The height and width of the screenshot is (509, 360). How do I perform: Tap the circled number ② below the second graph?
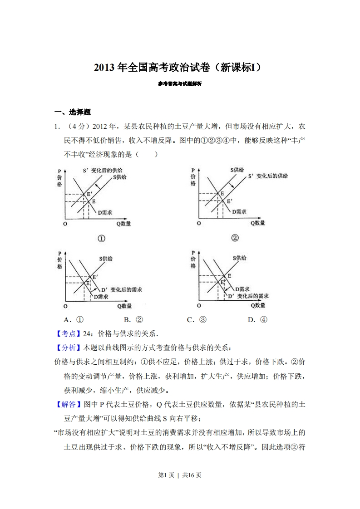tap(235, 238)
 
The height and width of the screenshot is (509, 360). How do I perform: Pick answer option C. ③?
tap(197, 319)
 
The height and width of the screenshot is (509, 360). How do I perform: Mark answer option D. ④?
tap(257, 319)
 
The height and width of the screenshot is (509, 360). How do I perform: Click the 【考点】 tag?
tap(65, 334)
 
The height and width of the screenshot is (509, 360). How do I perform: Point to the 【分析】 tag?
tap(65, 348)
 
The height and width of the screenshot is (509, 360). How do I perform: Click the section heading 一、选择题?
tap(73, 112)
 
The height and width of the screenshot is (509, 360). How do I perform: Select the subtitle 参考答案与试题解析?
tap(180, 84)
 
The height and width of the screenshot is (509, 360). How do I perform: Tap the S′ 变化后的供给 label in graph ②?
tap(268, 176)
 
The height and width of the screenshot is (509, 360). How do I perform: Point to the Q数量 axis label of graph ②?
tap(257, 223)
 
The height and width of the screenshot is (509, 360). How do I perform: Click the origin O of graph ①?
tap(65, 224)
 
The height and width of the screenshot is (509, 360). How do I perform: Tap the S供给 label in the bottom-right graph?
tap(240, 258)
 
